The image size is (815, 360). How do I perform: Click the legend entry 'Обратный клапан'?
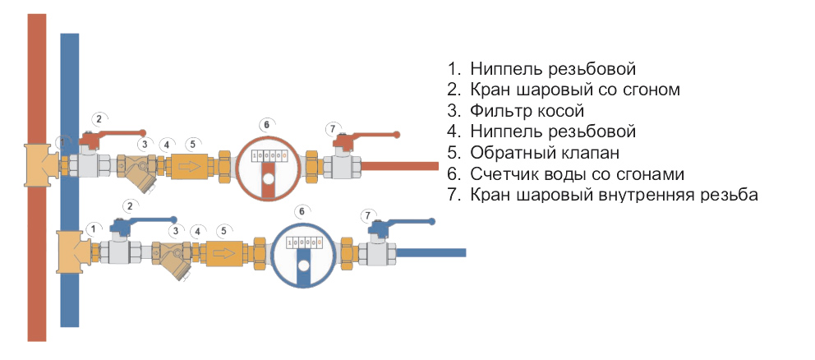544,152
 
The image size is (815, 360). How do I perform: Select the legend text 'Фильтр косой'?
527,109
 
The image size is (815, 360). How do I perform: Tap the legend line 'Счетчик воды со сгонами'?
578,173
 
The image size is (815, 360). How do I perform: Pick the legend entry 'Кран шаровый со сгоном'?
575,88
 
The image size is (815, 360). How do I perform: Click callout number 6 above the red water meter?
265,125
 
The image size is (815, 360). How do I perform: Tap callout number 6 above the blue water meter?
302,211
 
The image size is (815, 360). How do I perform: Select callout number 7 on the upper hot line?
333,129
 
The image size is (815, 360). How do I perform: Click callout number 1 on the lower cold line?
94,228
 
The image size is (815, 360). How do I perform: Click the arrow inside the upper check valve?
191,167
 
